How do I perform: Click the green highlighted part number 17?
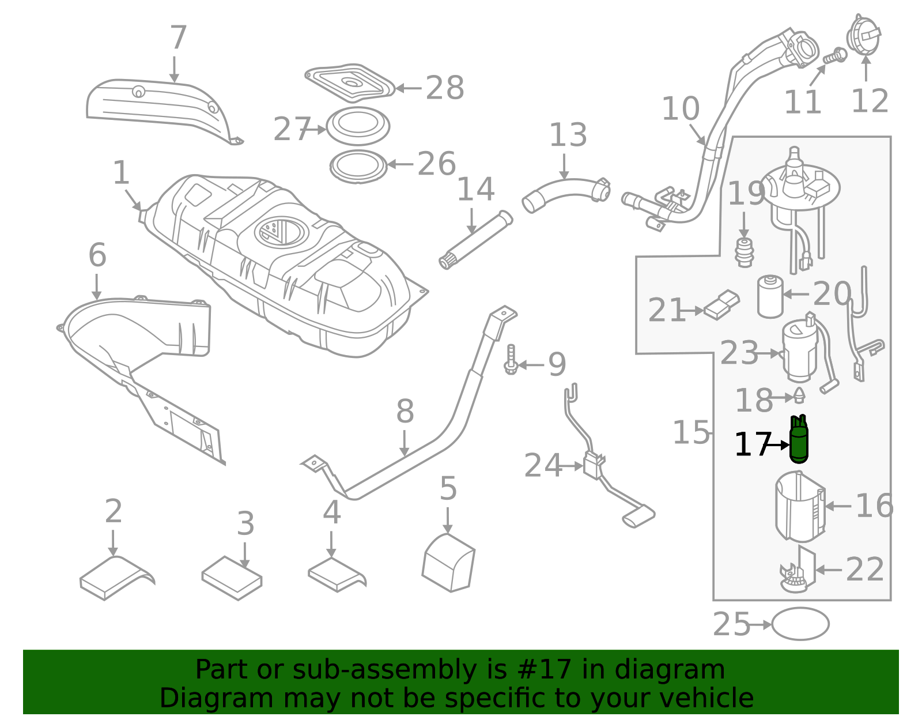(x=799, y=440)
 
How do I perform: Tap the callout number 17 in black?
(x=752, y=445)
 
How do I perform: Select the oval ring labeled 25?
(x=800, y=624)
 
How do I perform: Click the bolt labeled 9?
(x=511, y=360)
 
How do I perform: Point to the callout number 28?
(x=444, y=89)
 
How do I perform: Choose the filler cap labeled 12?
(x=863, y=36)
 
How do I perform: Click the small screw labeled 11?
(x=836, y=56)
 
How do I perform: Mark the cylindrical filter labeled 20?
(x=770, y=296)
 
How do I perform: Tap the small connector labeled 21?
(x=721, y=306)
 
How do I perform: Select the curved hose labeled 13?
(x=565, y=193)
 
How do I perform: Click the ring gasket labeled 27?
(x=358, y=126)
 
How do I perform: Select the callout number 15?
(x=691, y=432)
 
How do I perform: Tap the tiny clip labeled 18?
(x=799, y=395)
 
